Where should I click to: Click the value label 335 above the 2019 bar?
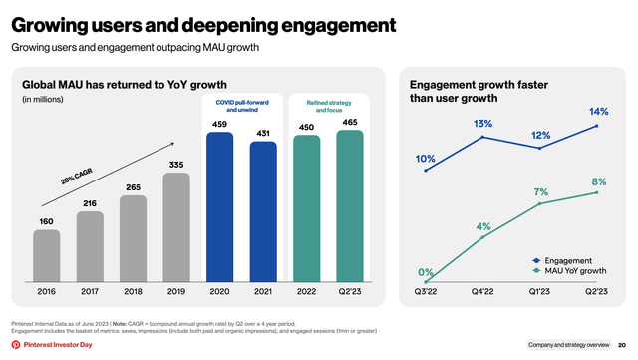click(x=175, y=164)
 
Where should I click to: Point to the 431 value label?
click(x=263, y=133)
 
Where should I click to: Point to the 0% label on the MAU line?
click(x=426, y=272)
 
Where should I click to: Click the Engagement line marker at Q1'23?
click(x=540, y=149)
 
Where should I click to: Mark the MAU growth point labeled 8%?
click(x=597, y=192)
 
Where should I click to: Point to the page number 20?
click(x=620, y=343)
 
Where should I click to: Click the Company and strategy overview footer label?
click(x=569, y=343)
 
